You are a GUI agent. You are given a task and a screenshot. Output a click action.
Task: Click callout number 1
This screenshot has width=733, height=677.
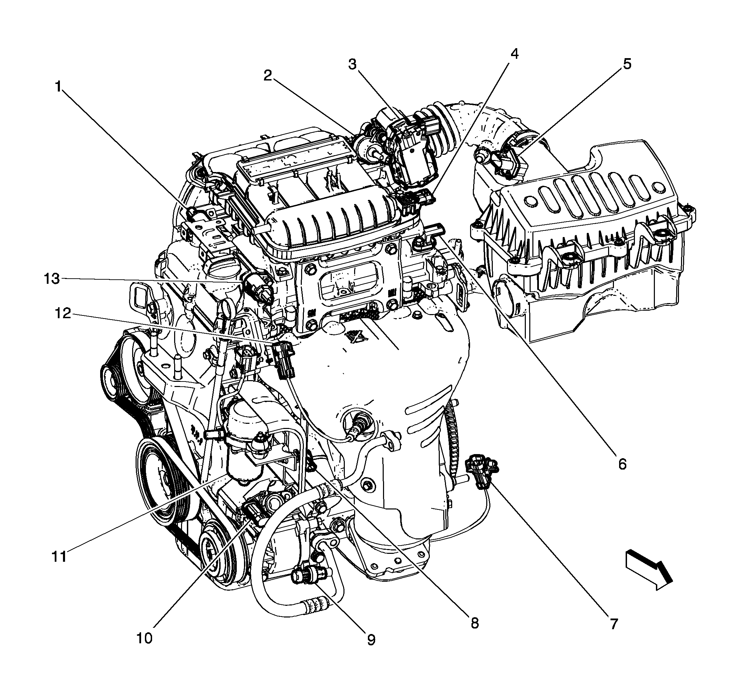[x=58, y=87]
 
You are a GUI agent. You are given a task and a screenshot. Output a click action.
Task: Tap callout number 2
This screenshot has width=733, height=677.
[x=268, y=76]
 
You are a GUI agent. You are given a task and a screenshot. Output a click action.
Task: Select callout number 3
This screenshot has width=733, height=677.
[x=352, y=64]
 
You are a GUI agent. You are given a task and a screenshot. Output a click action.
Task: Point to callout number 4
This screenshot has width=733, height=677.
[x=514, y=54]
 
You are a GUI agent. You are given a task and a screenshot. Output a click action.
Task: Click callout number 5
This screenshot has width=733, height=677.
[x=627, y=64]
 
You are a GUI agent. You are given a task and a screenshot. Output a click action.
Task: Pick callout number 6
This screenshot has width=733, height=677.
[x=622, y=464]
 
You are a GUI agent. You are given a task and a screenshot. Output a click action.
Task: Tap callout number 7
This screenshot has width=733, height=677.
[x=614, y=624]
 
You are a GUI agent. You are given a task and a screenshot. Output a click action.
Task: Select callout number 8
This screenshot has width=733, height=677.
[x=474, y=622]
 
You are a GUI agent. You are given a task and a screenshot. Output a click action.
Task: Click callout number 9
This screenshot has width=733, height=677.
[x=371, y=640]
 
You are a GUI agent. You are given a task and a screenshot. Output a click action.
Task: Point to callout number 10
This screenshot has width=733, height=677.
[x=144, y=638]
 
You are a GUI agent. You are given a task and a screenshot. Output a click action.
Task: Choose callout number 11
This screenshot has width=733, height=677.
[x=59, y=556]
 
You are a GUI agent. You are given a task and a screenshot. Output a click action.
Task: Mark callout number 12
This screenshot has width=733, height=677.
[x=63, y=313]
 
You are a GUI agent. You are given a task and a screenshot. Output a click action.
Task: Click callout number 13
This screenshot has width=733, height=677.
[x=52, y=279]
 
